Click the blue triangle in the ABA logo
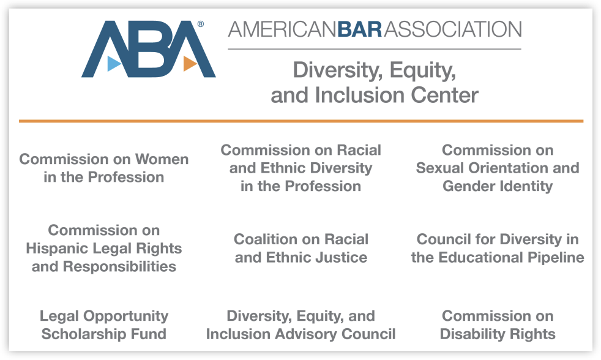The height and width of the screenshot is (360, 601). tap(113, 64)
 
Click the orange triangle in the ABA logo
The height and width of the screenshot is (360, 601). tap(190, 64)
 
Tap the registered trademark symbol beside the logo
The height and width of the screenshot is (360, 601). tap(201, 24)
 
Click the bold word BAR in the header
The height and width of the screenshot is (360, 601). tap(360, 29)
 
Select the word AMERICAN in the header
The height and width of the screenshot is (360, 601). tap(283, 29)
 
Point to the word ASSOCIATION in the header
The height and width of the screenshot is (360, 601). tap(453, 29)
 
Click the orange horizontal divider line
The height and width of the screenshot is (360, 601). tap(301, 121)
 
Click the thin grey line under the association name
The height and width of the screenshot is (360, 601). tap(375, 49)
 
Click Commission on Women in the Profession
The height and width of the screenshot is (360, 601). tap(104, 168)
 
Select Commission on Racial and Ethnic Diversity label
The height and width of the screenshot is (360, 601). tap(301, 168)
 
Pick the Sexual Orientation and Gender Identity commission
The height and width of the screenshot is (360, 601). tap(498, 168)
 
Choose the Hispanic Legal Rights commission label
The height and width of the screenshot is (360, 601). tap(104, 248)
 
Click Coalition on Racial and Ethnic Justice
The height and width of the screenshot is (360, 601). tap(301, 248)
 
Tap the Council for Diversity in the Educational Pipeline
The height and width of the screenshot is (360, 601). tap(498, 248)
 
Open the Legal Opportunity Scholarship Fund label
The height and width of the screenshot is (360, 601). tap(104, 324)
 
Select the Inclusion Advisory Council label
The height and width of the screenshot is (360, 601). tap(301, 324)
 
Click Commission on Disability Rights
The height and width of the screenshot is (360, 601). tap(498, 324)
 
